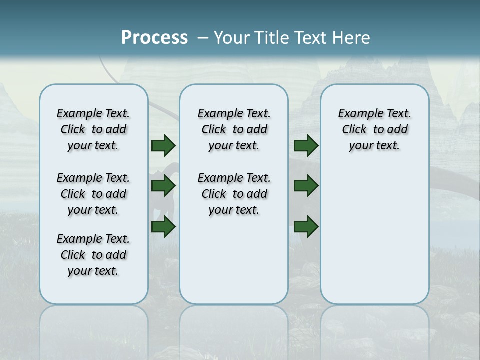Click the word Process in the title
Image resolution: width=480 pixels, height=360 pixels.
[154, 38]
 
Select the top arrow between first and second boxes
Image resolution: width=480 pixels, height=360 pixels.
[163, 146]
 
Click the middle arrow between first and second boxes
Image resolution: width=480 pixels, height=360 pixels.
[163, 186]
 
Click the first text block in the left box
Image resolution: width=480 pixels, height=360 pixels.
[93, 129]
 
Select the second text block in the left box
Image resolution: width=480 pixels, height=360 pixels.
[93, 194]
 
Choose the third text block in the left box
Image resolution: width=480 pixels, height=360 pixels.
[93, 255]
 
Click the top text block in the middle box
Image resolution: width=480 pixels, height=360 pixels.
[234, 129]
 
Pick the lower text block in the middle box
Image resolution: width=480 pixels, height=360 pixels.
[234, 194]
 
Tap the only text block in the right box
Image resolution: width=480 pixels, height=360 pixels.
[374, 129]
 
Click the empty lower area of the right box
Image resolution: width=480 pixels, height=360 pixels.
[374, 235]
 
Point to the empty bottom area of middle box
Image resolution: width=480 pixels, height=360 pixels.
[234, 265]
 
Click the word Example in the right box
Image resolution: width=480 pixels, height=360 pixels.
[357, 114]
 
